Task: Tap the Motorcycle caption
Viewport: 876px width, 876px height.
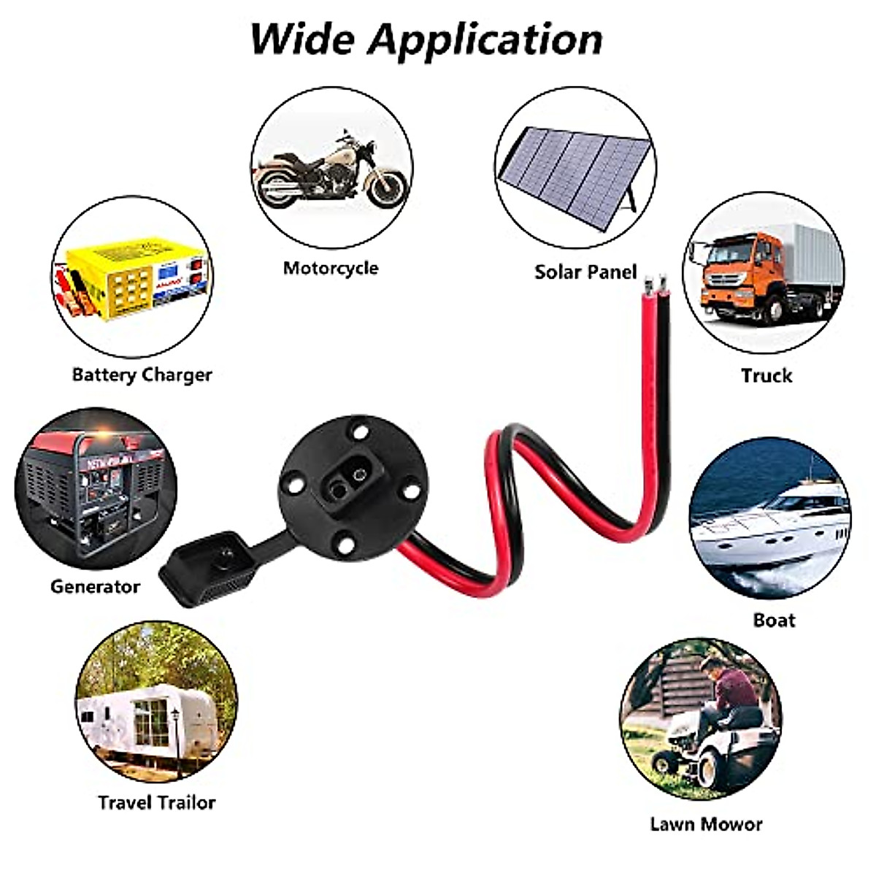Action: [331, 268]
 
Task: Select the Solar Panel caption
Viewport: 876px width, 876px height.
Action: [585, 272]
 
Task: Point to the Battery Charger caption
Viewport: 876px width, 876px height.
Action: [142, 375]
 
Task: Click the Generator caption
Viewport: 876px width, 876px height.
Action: [95, 586]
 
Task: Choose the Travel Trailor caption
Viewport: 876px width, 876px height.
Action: [157, 803]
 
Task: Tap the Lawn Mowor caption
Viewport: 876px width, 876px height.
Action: [706, 824]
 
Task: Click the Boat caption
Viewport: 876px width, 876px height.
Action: [774, 620]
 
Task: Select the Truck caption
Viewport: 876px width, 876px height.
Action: [766, 375]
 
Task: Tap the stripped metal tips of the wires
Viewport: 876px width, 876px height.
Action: [654, 278]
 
